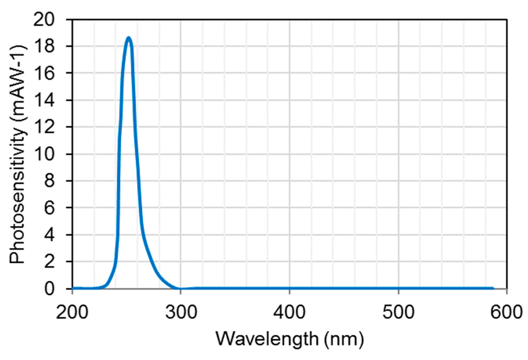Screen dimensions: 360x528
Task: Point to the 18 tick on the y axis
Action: pyautogui.click(x=44, y=46)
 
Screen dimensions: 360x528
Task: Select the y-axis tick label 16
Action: pyautogui.click(x=44, y=73)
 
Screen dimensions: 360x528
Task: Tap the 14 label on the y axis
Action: pyautogui.click(x=44, y=100)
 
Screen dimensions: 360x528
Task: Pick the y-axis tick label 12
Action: pyautogui.click(x=44, y=127)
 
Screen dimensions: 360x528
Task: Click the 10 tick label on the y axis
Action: pyautogui.click(x=44, y=154)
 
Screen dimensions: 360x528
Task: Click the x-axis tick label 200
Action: pyautogui.click(x=72, y=312)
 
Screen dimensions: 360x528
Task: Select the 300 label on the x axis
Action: pyautogui.click(x=181, y=312)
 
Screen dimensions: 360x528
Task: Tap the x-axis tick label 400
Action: pyautogui.click(x=289, y=312)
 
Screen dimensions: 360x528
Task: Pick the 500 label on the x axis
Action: pyautogui.click(x=398, y=312)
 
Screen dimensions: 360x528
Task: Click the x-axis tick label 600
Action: pyautogui.click(x=506, y=312)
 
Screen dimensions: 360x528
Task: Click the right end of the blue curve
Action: pyautogui.click(x=493, y=288)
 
